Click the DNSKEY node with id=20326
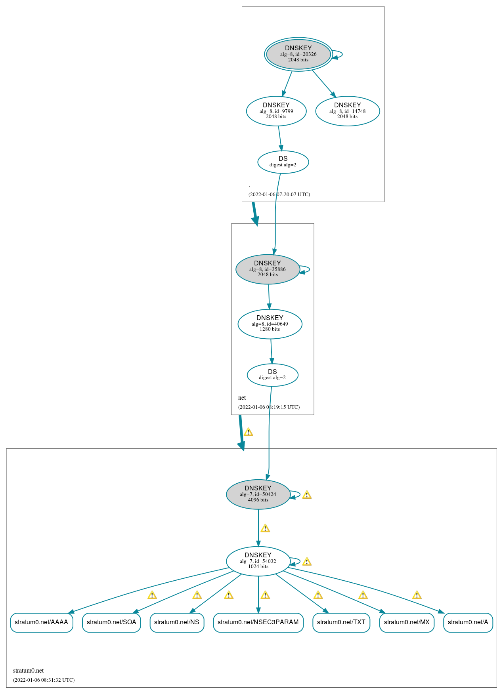tap(298, 54)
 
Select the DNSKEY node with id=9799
tap(276, 111)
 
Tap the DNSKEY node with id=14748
tap(347, 111)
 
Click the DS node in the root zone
tap(283, 162)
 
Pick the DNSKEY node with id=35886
tap(268, 269)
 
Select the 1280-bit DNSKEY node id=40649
tap(270, 324)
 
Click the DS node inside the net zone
tap(272, 375)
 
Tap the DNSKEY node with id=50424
tap(258, 494)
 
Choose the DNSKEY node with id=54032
tap(258, 561)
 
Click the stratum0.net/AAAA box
tap(42, 622)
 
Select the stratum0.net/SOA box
tap(111, 622)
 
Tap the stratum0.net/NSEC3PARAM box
tap(258, 622)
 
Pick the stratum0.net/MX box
tap(407, 622)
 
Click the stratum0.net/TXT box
tap(341, 622)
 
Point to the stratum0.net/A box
tap(468, 622)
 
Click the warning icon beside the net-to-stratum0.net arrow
tap(248, 432)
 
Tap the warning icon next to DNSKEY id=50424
tap(306, 495)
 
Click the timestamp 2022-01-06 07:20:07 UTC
tap(279, 194)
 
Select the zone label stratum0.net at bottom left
tap(28, 671)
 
